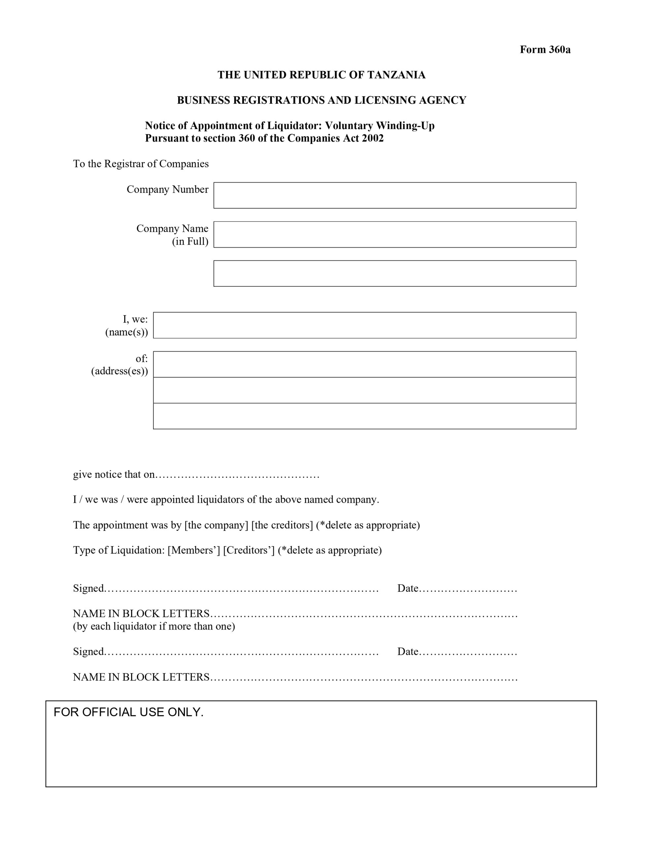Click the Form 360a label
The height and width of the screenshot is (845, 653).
click(545, 50)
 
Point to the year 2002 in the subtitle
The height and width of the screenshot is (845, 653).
click(372, 138)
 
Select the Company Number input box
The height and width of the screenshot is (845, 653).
click(395, 195)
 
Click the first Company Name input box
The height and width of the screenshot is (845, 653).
click(395, 234)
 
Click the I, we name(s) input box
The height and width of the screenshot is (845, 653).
click(364, 325)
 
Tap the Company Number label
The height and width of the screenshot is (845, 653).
click(167, 189)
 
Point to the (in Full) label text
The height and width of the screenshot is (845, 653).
click(190, 241)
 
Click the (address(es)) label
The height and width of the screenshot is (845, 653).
click(119, 371)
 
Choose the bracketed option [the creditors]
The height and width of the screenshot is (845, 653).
click(282, 525)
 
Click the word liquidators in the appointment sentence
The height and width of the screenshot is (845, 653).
click(221, 500)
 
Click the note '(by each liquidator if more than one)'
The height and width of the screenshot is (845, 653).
click(154, 626)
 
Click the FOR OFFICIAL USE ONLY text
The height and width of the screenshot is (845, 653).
click(128, 712)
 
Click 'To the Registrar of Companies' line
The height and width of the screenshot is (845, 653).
click(141, 164)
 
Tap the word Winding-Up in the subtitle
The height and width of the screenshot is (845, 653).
click(405, 126)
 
